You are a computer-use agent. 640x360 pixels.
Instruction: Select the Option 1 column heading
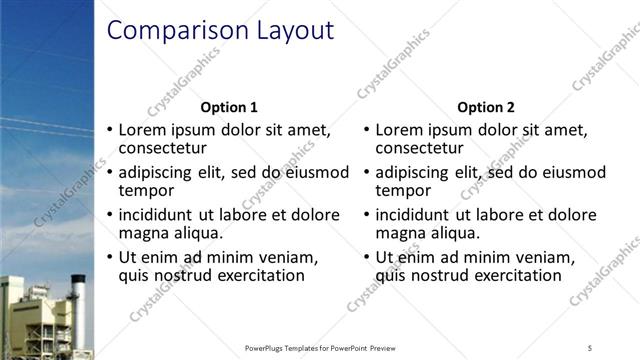[x=229, y=107]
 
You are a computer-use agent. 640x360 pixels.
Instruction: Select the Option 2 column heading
[x=486, y=107]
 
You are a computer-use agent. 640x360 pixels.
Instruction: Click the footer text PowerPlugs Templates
[x=290, y=348]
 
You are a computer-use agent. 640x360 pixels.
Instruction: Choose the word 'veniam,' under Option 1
[x=288, y=257]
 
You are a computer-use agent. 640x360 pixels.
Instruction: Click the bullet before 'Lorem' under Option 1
[x=110, y=130]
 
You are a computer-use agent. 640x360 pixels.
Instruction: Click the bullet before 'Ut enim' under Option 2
[x=366, y=257]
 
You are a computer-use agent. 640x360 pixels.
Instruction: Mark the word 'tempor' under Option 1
[x=146, y=189]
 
